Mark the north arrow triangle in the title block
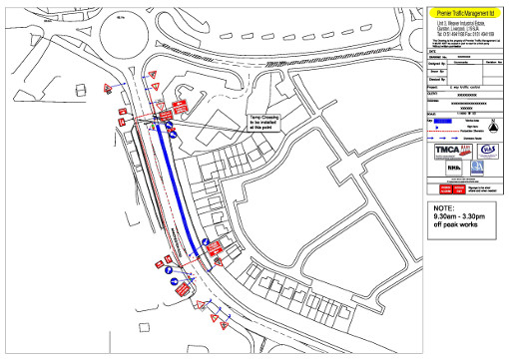pos(492,128)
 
